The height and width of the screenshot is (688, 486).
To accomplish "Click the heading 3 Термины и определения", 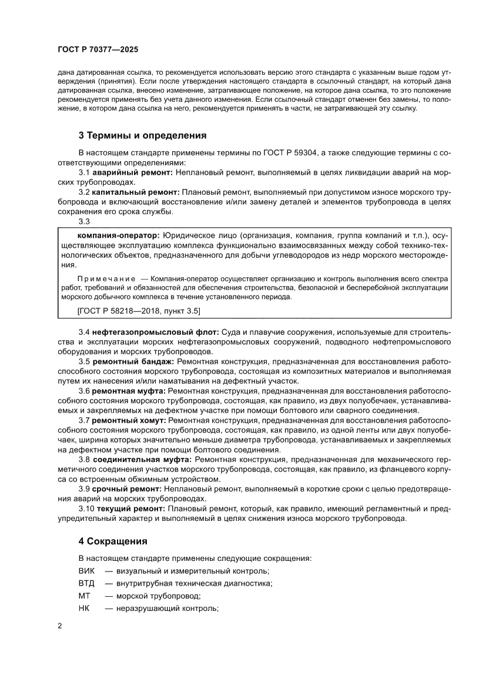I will [x=142, y=135].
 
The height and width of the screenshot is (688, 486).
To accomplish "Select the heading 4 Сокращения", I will [x=113, y=540].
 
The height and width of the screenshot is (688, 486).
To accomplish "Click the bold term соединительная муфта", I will [x=142, y=458].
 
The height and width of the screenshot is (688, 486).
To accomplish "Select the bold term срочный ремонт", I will [x=126, y=488].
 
